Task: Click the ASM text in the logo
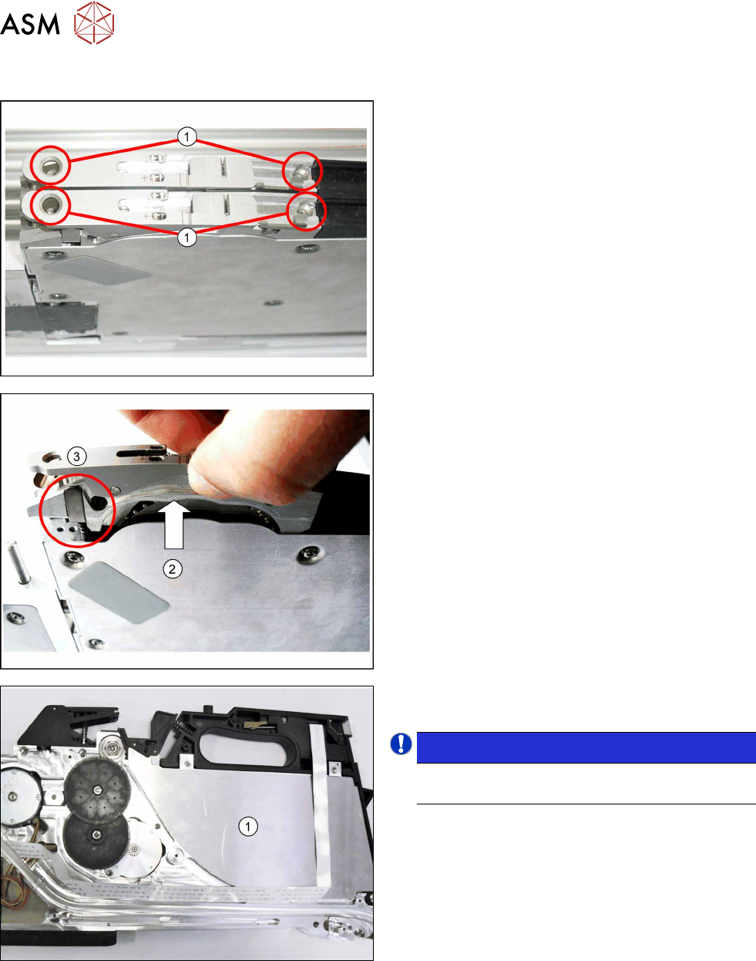click(x=30, y=24)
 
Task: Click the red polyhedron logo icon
click(x=94, y=22)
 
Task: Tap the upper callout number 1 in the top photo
click(x=187, y=137)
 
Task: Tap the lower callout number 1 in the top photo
click(x=187, y=238)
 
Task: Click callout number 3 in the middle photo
click(x=77, y=457)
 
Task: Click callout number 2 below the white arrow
click(x=173, y=569)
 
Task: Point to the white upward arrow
click(x=174, y=524)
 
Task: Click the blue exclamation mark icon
click(x=401, y=744)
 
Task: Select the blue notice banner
click(x=586, y=747)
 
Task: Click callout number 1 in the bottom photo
click(x=248, y=826)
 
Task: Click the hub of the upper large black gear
click(x=97, y=791)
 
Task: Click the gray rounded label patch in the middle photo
click(x=118, y=592)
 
